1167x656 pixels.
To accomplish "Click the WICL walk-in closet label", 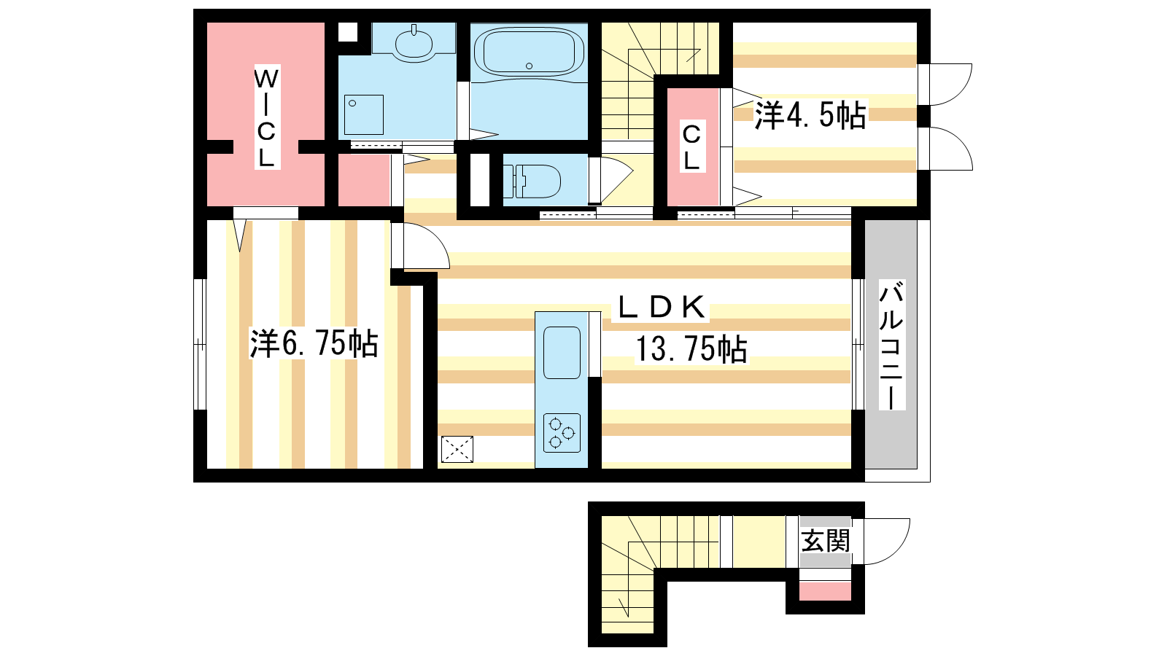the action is click(x=266, y=117).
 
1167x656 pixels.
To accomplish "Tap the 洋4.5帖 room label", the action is click(x=810, y=115).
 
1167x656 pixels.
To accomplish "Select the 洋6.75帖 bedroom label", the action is click(x=314, y=343).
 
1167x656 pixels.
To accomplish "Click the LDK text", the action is click(x=661, y=307).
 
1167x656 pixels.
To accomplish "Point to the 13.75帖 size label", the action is click(x=691, y=348).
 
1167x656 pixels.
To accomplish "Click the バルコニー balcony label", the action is click(x=892, y=345).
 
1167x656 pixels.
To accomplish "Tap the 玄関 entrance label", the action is click(x=825, y=541).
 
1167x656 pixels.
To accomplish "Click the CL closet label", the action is click(x=691, y=148).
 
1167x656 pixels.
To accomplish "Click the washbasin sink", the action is click(x=414, y=44).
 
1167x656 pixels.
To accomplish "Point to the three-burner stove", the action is click(x=562, y=433).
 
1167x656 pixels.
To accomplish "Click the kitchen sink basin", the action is click(x=562, y=353).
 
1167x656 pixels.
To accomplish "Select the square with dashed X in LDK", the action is click(x=457, y=449).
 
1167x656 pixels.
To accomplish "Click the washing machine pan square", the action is click(x=364, y=114).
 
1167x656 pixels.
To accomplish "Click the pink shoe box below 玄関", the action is click(x=825, y=591).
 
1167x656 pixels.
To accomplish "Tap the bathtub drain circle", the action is click(x=530, y=66).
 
